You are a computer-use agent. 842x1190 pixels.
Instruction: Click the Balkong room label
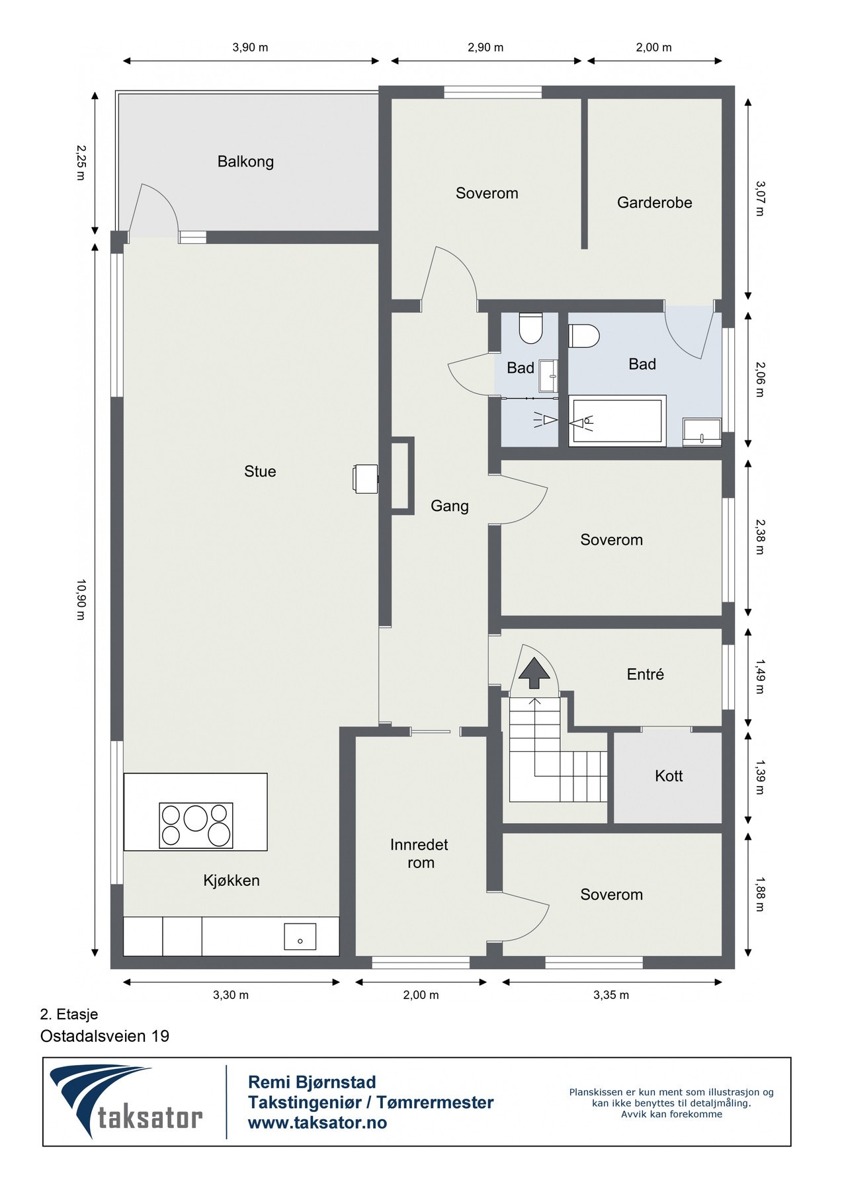coord(245,161)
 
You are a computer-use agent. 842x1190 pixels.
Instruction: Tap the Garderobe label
coord(654,202)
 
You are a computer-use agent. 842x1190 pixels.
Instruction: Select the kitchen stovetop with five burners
coord(196,825)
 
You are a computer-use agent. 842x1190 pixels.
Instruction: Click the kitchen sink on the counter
coord(300,937)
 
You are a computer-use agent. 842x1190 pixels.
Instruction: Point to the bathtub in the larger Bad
coord(616,421)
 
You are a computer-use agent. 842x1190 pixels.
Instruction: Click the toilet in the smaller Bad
coord(530,328)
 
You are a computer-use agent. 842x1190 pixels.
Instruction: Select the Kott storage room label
coord(669,775)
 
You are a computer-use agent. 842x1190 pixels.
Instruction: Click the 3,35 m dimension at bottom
coord(610,995)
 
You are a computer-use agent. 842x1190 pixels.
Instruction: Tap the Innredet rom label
coord(419,853)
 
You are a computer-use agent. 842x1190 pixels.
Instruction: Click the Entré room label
coord(645,674)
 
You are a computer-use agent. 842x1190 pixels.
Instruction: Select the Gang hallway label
coord(449,506)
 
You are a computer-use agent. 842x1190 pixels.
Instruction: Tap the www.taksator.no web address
coord(317,1123)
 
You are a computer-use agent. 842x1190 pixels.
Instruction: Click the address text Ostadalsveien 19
coord(105,1036)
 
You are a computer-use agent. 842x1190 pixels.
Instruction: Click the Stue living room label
coord(260,471)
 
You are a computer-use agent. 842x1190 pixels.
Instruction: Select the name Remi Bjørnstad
coord(312,1082)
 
